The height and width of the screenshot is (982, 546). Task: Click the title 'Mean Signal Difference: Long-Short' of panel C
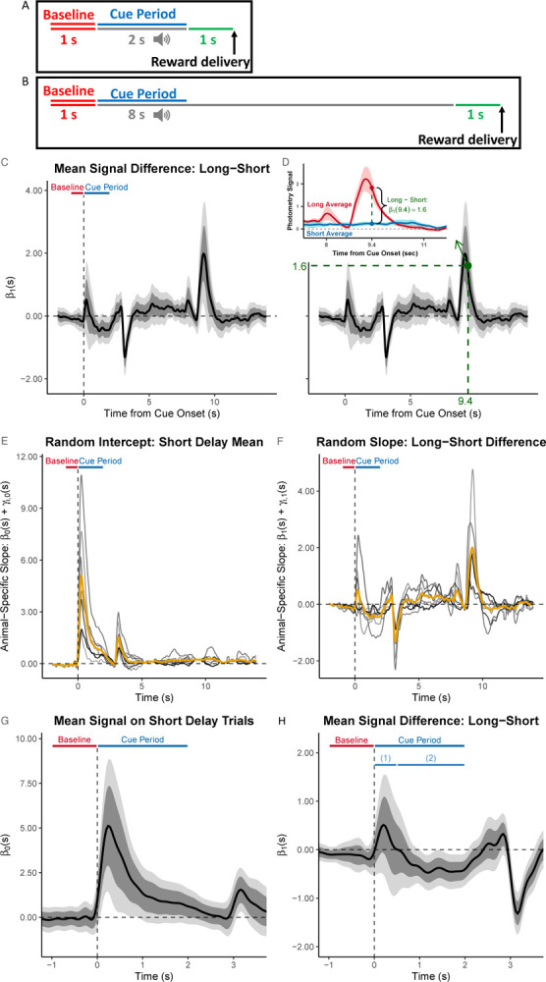pyautogui.click(x=157, y=166)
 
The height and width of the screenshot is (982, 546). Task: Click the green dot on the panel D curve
pyautogui.click(x=466, y=265)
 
